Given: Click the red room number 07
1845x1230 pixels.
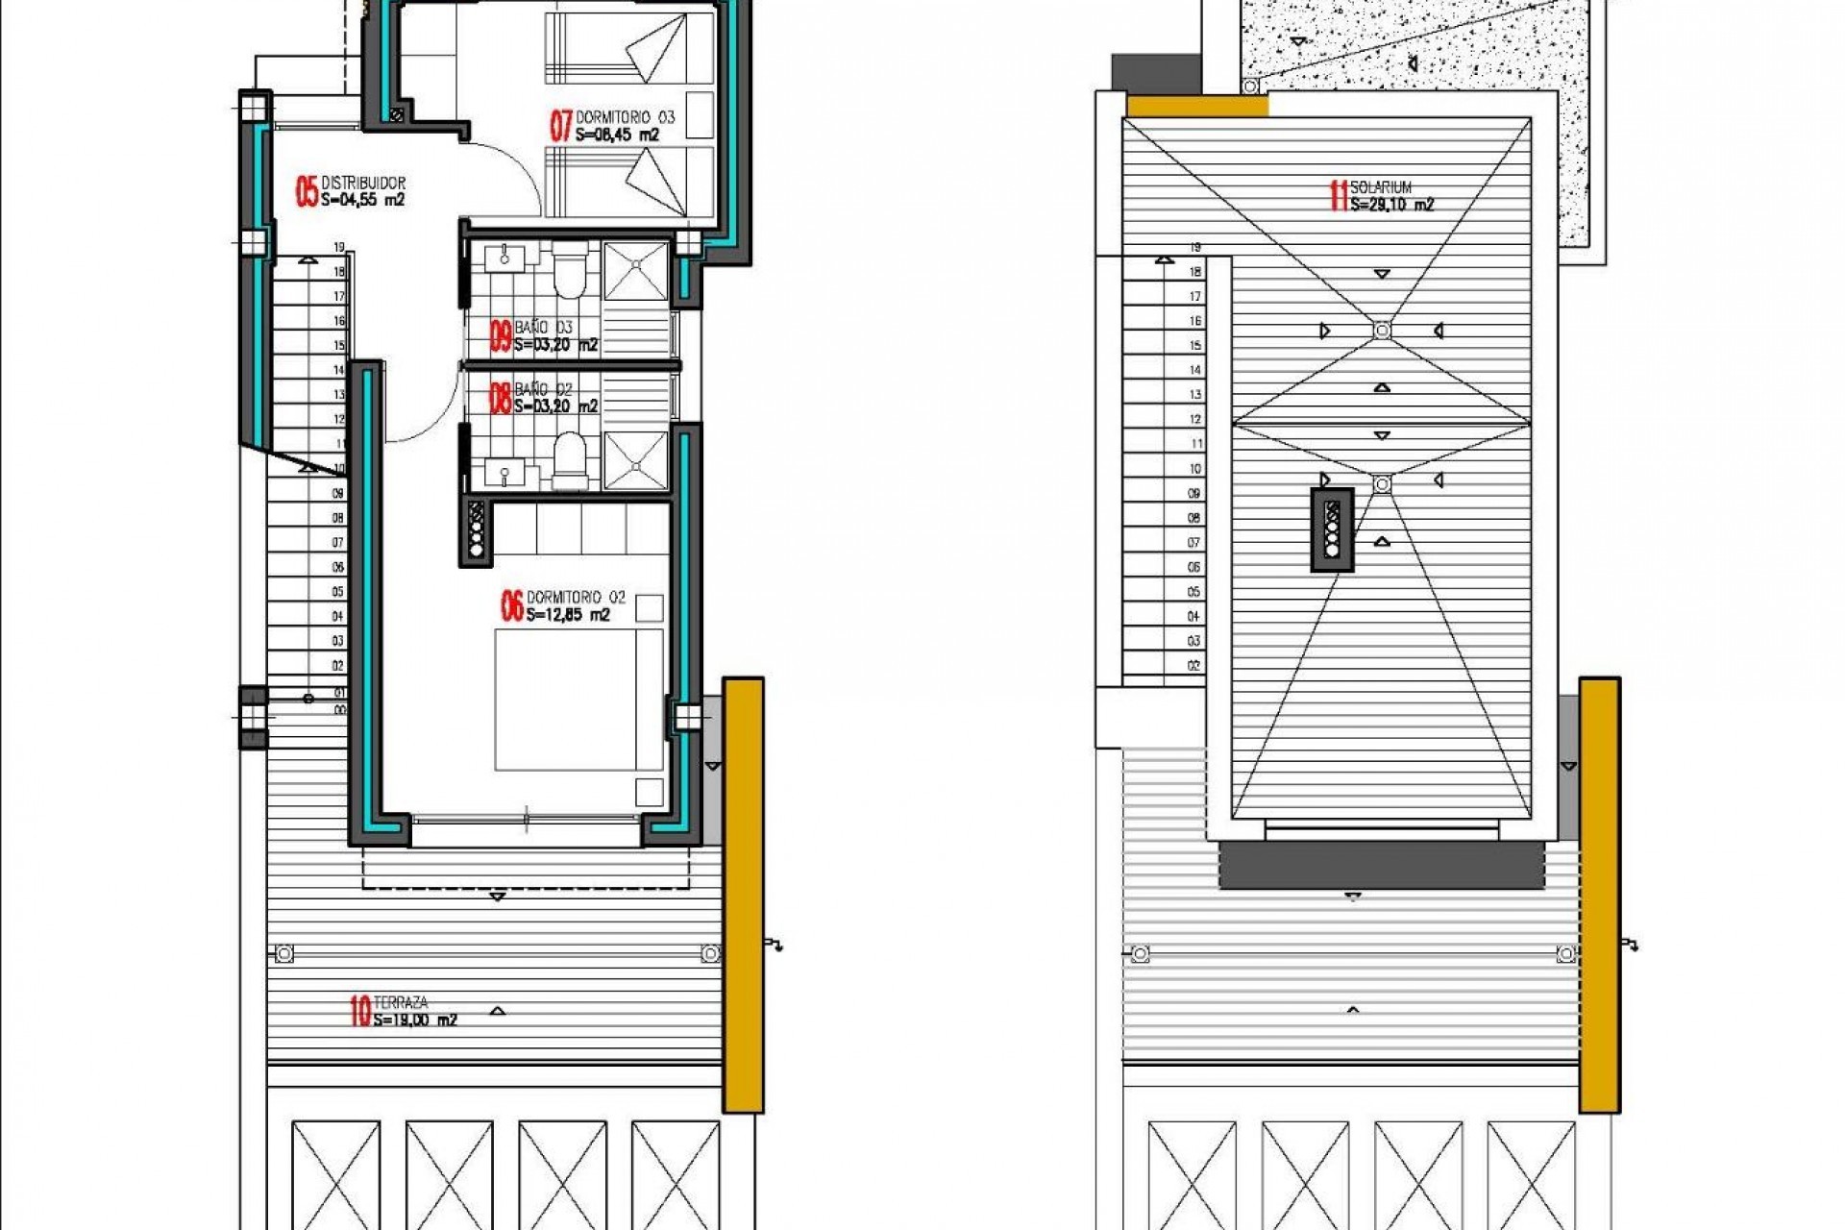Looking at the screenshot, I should pos(560,126).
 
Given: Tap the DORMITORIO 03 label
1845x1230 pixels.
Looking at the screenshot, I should pos(625,117).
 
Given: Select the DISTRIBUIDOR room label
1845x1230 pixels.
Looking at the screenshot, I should pos(363,183).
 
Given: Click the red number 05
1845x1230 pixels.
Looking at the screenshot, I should pos(307,191).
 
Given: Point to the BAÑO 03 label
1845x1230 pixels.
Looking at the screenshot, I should pos(543,328).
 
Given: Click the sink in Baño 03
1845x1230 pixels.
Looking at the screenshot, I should pos(504,257).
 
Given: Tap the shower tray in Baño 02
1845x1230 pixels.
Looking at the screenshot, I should pos(635,462).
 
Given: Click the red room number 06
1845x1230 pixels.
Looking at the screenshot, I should pos(511,605).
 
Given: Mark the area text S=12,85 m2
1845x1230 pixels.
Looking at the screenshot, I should pos(568,615).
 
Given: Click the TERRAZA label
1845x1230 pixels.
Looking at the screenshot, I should pos(401,1002).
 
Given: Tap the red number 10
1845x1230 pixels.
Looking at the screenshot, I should pos(360,1011).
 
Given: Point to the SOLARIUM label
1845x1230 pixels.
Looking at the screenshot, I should pos(1381,187).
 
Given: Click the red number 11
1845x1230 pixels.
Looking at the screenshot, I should pos(1338,196).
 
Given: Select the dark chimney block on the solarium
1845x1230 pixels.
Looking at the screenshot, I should pos(1332,529).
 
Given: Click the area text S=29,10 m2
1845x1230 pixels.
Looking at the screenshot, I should pos(1391,205).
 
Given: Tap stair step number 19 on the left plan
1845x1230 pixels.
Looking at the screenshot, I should pos(339,248).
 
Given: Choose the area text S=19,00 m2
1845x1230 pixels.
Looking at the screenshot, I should pos(415,1021).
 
